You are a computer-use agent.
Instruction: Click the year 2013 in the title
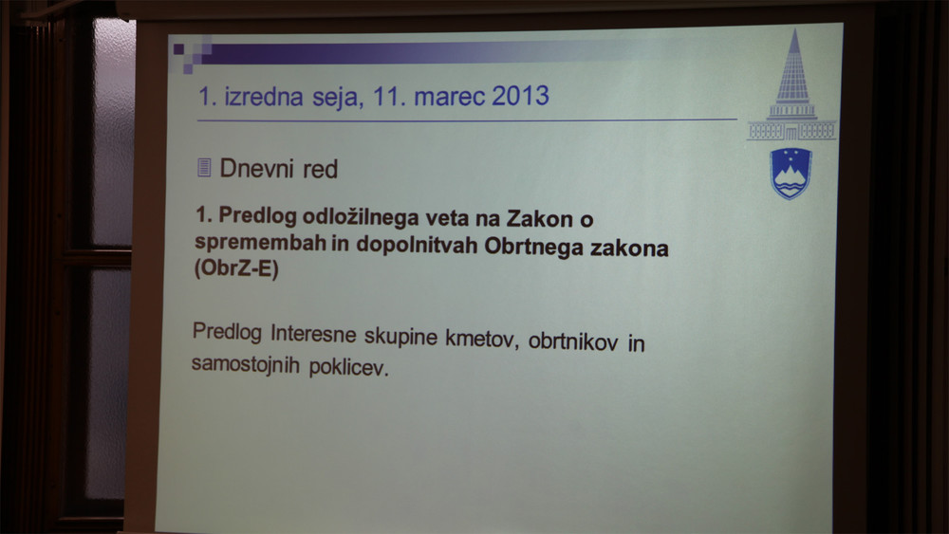(x=520, y=96)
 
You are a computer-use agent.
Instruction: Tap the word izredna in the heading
(x=264, y=97)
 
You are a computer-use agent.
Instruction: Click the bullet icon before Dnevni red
(x=205, y=168)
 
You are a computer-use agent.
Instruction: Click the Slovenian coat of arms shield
(x=791, y=174)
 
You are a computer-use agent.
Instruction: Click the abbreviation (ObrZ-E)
(x=236, y=267)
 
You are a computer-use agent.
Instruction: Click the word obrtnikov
(x=573, y=341)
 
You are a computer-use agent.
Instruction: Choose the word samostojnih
(x=245, y=364)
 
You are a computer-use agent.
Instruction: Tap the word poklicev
(x=348, y=367)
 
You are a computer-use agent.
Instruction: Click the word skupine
(x=400, y=337)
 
